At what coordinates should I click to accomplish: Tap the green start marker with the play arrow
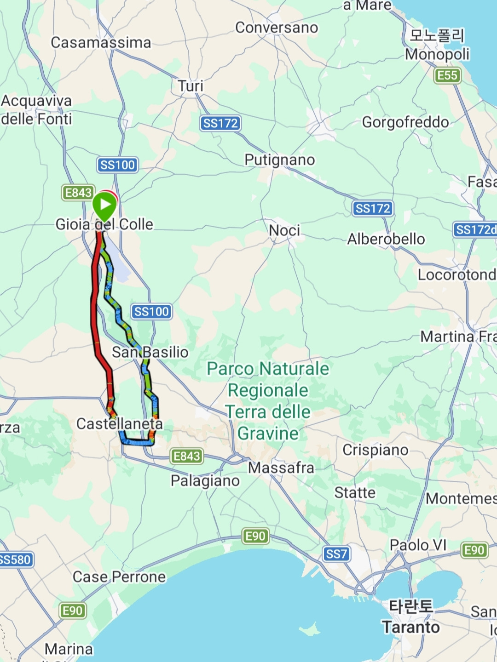tap(105, 205)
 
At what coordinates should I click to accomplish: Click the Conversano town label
tap(277, 28)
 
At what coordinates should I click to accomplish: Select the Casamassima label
tap(101, 43)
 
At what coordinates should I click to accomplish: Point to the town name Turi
tap(191, 86)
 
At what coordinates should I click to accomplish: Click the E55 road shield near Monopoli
tap(447, 75)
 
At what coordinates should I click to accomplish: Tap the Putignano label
tap(280, 160)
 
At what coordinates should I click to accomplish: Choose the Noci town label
tap(284, 230)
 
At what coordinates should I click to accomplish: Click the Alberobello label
tap(386, 239)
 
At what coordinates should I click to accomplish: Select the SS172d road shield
tap(475, 229)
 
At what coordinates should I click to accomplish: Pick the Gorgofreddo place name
tap(405, 122)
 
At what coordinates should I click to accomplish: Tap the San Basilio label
tap(150, 352)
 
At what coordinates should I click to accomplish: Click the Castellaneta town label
tap(120, 423)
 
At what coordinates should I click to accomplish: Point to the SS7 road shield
tap(336, 554)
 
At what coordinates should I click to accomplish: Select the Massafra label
tap(281, 468)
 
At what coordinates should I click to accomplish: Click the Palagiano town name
tap(205, 481)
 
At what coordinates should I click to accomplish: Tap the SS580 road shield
tap(16, 559)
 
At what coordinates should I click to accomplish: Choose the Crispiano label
tap(376, 450)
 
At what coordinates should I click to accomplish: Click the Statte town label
tap(355, 493)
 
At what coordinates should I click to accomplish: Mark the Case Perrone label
tap(119, 577)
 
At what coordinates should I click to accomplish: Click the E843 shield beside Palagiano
tap(186, 456)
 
